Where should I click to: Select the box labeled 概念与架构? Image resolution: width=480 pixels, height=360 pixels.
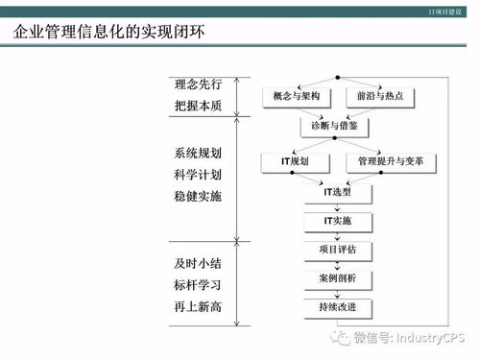point(296,97)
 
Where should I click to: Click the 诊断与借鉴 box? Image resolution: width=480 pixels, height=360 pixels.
point(337,126)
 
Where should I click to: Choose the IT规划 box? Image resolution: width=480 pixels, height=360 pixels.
point(296,162)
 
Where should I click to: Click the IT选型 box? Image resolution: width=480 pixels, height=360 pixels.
point(337,192)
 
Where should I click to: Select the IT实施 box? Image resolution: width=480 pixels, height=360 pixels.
point(337,222)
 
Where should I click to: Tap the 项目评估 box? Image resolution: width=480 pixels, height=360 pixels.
point(337,250)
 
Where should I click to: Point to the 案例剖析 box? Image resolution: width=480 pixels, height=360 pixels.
point(337,278)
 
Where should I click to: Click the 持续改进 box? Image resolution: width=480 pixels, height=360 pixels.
point(337,307)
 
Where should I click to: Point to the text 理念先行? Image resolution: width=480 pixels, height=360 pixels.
point(199,84)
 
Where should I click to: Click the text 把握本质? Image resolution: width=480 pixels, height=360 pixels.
point(199,106)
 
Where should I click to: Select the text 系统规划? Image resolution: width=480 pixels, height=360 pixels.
point(199,154)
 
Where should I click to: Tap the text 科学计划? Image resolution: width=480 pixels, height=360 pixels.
point(199,175)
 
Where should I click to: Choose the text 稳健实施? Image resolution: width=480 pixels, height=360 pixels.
point(199,196)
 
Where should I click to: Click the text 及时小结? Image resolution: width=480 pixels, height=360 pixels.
point(199,262)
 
